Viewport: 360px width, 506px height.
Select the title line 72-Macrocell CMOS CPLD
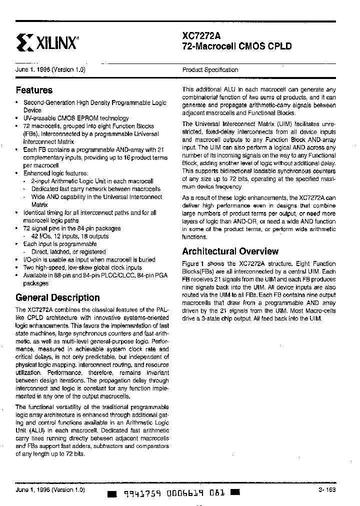point(236,46)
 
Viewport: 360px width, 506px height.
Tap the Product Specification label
point(210,70)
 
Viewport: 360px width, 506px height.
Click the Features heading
point(34,90)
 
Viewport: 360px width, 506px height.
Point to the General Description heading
point(57,297)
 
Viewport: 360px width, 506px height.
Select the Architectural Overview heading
point(230,251)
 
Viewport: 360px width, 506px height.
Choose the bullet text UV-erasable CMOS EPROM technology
point(76,118)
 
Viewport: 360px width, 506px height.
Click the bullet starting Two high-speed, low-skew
point(83,267)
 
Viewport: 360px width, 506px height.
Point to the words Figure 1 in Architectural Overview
point(193,264)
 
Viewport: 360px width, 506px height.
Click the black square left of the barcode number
point(112,493)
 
